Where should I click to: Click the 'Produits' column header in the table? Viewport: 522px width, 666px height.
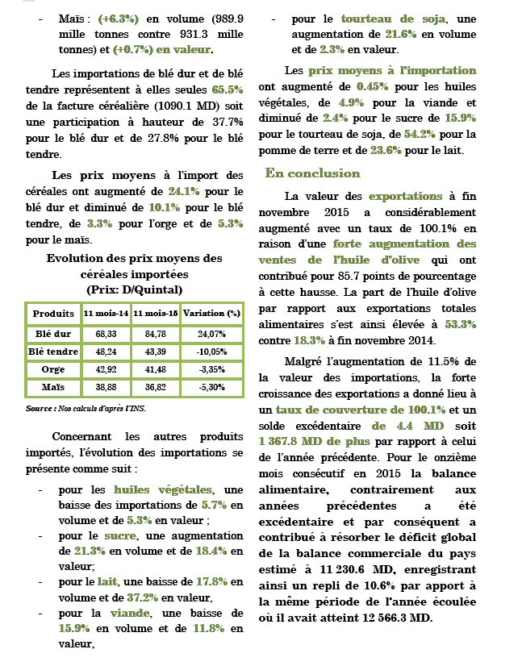(x=54, y=314)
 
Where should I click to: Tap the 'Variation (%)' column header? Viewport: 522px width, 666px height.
(x=211, y=314)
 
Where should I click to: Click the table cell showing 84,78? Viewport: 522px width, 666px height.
(x=156, y=333)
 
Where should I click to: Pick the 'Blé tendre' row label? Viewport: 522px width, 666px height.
(x=54, y=352)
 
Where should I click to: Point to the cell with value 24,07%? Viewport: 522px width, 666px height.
(x=211, y=333)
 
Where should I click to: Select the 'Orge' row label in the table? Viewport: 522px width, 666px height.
(x=54, y=370)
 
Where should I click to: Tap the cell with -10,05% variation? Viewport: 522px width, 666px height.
(x=211, y=352)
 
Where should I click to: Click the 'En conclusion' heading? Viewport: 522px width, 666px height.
(x=312, y=173)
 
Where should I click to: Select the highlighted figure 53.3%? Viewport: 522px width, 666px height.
(x=460, y=324)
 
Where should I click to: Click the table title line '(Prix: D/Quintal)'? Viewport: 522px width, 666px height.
(x=134, y=288)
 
